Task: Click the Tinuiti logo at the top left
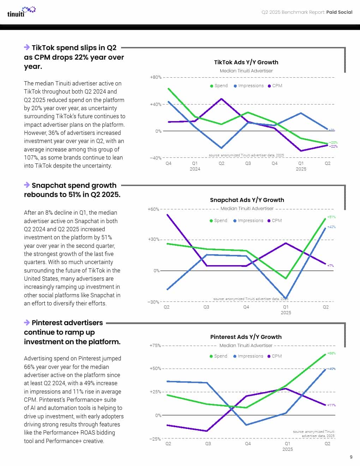point(21,12)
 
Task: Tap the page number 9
point(351,457)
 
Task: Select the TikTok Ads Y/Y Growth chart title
point(246,62)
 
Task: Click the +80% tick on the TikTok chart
point(156,77)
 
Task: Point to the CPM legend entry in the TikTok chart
point(275,86)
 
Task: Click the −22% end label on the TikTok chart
point(333,146)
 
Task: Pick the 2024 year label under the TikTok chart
point(195,169)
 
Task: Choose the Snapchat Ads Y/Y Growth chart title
point(247,200)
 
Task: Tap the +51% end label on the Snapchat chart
point(331,217)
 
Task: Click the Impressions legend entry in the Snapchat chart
point(248,221)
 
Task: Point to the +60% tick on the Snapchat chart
point(154,209)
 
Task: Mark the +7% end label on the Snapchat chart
point(330,265)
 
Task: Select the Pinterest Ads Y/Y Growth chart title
point(246,337)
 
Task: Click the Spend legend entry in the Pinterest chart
point(218,356)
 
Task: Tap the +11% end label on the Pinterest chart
point(331,405)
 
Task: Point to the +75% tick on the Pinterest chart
point(155,345)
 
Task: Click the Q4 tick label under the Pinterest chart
point(248,444)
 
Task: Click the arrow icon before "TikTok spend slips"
point(27,47)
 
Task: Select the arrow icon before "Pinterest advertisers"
point(27,322)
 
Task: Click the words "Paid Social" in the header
point(339,12)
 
